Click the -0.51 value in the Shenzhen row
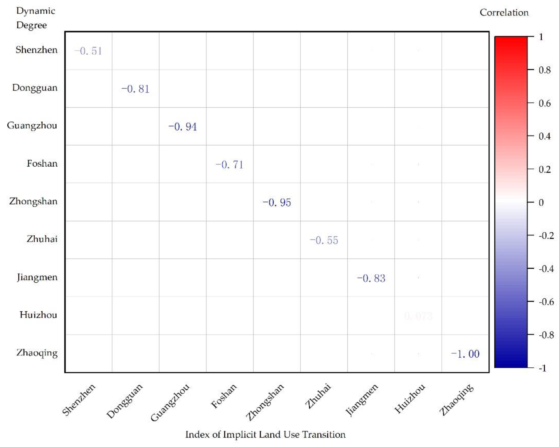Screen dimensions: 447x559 (x=88, y=51)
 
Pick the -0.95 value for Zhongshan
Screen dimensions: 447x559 (x=277, y=202)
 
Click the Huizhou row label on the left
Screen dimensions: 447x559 (x=38, y=315)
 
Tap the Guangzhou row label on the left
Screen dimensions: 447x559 (x=32, y=126)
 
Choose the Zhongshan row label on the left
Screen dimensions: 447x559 (x=33, y=201)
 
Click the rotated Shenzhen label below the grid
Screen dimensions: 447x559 (x=79, y=400)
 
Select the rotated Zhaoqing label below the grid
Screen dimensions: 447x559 (x=456, y=400)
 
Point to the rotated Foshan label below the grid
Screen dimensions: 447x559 (x=224, y=396)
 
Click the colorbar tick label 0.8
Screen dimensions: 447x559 (x=544, y=70)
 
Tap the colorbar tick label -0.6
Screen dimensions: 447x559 (x=546, y=302)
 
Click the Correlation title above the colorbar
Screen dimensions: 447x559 (x=504, y=13)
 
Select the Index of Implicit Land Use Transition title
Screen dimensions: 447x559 (x=265, y=434)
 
